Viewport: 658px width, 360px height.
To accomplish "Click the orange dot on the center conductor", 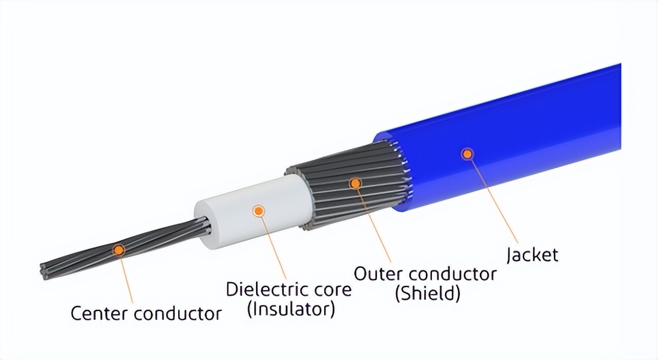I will (x=120, y=249).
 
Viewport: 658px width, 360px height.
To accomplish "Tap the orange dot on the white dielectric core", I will (x=258, y=210).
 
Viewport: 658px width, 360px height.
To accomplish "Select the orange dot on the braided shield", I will (x=356, y=182).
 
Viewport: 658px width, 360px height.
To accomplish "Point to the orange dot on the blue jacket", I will (x=467, y=154).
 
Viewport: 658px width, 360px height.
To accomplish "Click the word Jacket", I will (x=532, y=255).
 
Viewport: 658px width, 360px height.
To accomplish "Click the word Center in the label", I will (x=99, y=313).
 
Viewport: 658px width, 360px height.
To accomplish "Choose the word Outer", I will (x=379, y=274).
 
